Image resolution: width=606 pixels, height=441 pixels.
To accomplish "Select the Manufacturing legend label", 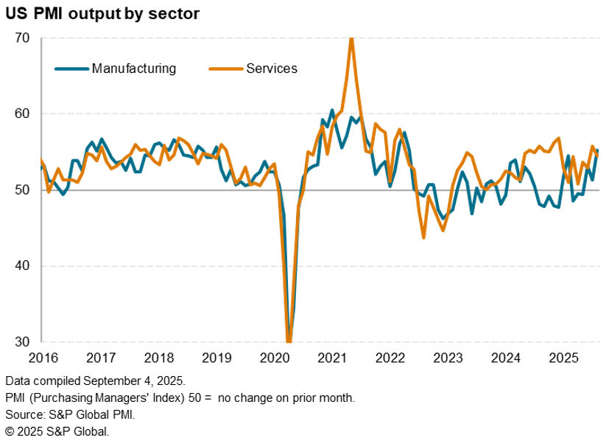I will point(134,69).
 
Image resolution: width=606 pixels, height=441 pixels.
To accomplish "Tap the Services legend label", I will point(272,69).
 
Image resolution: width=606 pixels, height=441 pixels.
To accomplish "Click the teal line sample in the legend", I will point(72,69).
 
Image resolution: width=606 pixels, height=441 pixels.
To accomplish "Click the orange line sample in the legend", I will point(226,69).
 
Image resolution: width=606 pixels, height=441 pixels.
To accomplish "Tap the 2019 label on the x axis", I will point(216,358).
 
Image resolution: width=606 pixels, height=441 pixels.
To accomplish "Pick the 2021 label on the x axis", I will point(332,358).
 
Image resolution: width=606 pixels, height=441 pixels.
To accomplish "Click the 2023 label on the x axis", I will point(448,358).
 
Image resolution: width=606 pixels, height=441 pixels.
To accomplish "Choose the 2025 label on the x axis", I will point(563,358).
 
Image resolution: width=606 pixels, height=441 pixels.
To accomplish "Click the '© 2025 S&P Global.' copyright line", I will point(57,431).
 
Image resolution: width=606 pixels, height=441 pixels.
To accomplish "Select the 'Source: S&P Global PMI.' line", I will point(70,414).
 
